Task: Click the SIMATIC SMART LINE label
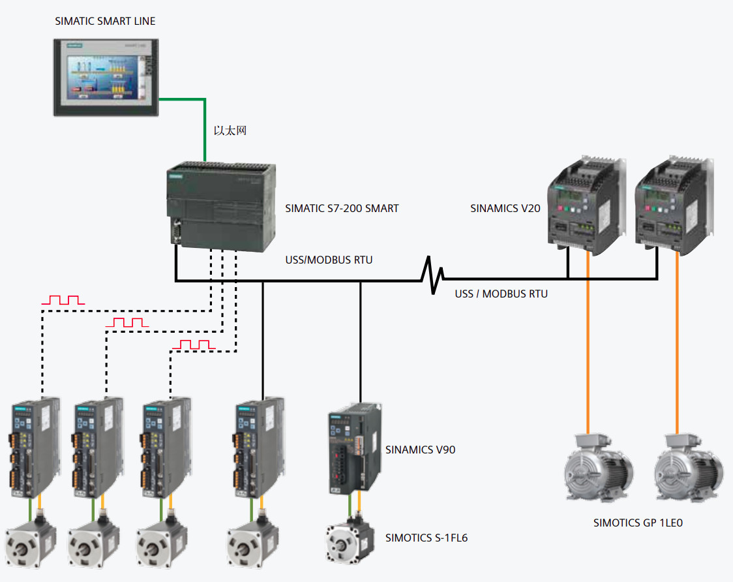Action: click(x=105, y=22)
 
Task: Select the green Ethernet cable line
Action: click(x=205, y=127)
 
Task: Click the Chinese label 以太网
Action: click(x=230, y=130)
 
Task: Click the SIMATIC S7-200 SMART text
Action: click(x=342, y=209)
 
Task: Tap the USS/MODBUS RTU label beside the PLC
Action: click(x=329, y=260)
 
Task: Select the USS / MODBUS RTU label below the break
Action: click(x=501, y=294)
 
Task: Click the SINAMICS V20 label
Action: click(x=505, y=209)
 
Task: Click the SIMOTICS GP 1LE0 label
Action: click(x=638, y=523)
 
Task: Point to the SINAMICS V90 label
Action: click(x=420, y=450)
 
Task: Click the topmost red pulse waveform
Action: click(x=63, y=300)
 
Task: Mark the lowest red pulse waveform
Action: click(x=194, y=344)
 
